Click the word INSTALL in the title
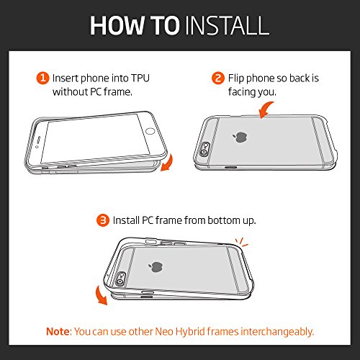(x=228, y=25)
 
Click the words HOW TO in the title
(x=135, y=25)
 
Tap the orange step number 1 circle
(x=42, y=78)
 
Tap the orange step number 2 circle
(x=218, y=78)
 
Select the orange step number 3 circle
(x=103, y=220)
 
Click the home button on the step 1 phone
(x=150, y=131)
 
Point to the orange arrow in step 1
(x=168, y=163)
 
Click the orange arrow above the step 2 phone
(x=265, y=109)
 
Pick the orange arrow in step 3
(x=100, y=296)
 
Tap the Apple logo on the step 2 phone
(x=240, y=137)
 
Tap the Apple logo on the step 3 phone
(x=156, y=267)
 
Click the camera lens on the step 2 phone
(x=204, y=152)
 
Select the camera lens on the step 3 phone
(x=120, y=282)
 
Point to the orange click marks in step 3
(x=241, y=243)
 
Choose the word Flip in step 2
(x=236, y=78)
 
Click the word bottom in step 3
(x=224, y=220)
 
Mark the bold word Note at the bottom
(x=58, y=331)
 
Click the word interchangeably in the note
(x=277, y=332)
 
